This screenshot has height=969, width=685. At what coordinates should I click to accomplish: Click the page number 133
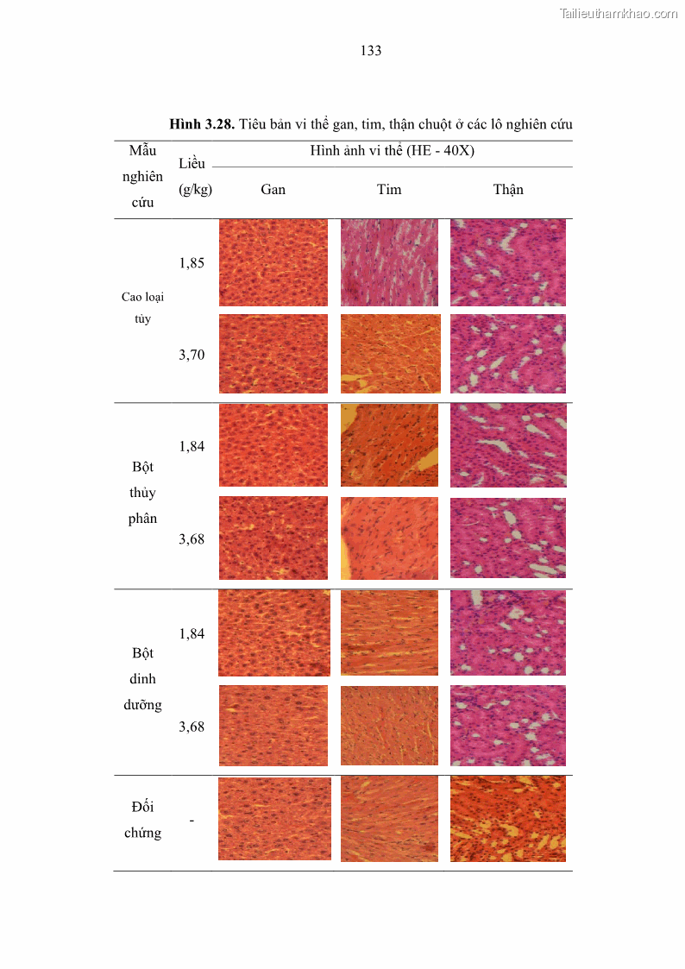click(x=371, y=51)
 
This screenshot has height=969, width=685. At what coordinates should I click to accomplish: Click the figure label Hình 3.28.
click(x=202, y=124)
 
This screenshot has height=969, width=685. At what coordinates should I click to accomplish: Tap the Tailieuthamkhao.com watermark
click(x=619, y=13)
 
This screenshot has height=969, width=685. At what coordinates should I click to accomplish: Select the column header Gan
click(x=273, y=190)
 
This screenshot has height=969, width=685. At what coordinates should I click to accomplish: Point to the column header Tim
click(x=389, y=190)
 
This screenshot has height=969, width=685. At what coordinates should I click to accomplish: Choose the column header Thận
click(x=508, y=190)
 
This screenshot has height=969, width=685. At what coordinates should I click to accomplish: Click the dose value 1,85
click(x=192, y=263)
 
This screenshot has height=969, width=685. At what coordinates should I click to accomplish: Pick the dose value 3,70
click(x=192, y=355)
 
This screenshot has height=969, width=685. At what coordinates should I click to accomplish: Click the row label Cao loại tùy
click(x=142, y=308)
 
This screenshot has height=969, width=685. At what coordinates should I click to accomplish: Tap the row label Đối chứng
click(x=142, y=820)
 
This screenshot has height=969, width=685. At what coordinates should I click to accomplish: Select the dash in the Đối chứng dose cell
click(x=192, y=820)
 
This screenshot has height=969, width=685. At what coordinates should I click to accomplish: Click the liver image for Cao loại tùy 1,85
click(x=273, y=262)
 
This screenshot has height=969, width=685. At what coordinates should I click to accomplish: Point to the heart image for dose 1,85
click(x=389, y=262)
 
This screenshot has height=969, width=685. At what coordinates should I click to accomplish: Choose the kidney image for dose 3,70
click(x=508, y=354)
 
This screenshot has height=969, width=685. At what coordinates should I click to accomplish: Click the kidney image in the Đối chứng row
click(x=508, y=819)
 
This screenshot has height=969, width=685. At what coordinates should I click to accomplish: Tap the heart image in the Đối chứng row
click(x=389, y=819)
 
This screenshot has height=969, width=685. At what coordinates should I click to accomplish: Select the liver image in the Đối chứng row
click(x=274, y=819)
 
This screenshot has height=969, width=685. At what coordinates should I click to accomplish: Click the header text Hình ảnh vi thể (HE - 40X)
click(x=393, y=151)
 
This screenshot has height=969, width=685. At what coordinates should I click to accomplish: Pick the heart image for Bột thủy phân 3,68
click(x=389, y=538)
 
